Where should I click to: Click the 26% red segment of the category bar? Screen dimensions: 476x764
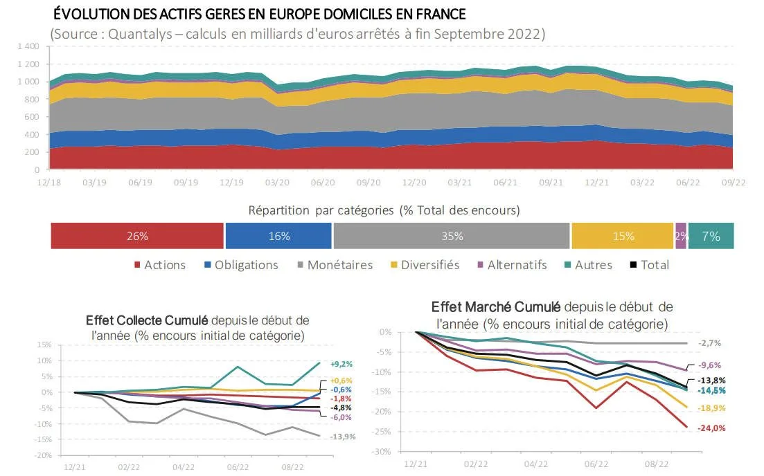click(137, 236)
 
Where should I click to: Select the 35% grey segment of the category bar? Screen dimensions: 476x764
click(452, 236)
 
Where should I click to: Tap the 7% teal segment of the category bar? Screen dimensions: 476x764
click(711, 236)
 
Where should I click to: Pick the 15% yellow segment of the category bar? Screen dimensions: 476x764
click(623, 236)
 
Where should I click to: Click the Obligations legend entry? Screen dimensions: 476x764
click(241, 265)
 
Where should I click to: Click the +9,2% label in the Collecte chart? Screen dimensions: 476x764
click(341, 364)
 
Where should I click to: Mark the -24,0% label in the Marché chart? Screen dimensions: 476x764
click(711, 428)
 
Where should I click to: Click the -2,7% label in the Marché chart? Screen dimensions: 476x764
click(711, 343)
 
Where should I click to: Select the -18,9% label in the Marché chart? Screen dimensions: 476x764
click(711, 408)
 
